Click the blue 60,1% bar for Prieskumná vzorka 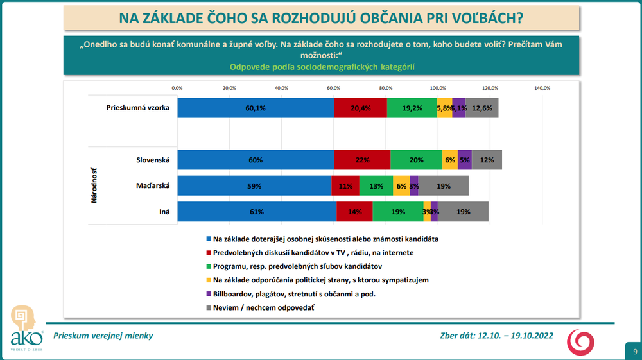pyautogui.click(x=256, y=108)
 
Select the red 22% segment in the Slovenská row pyautogui.click(x=362, y=160)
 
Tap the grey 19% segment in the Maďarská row pyautogui.click(x=444, y=186)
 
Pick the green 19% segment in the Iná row pyautogui.click(x=397, y=212)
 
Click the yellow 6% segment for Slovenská pyautogui.click(x=450, y=160)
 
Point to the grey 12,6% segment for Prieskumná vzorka pyautogui.click(x=481, y=108)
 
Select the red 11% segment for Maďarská pyautogui.click(x=345, y=186)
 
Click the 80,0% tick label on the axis pyautogui.click(x=385, y=88)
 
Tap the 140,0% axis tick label pyautogui.click(x=542, y=88)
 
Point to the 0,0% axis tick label pyautogui.click(x=177, y=88)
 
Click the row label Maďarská pyautogui.click(x=153, y=186)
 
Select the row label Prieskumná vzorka pyautogui.click(x=137, y=108)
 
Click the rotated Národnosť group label pyautogui.click(x=94, y=186)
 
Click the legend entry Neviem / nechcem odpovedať pyautogui.click(x=263, y=308)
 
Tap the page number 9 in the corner pyautogui.click(x=634, y=351)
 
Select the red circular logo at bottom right pyautogui.click(x=580, y=341)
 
